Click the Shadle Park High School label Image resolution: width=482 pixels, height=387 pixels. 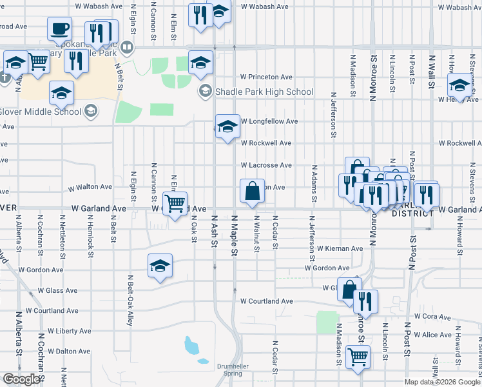264,92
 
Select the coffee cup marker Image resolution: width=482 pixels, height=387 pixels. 59,28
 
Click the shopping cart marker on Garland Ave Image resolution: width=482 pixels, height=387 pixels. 175,203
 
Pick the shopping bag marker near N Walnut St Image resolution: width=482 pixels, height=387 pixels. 251,191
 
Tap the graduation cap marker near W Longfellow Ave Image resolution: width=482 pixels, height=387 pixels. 227,127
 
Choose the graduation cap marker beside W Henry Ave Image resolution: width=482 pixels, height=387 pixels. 459,85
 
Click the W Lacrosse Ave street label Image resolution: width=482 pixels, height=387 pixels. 266,165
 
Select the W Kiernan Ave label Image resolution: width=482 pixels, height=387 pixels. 339,248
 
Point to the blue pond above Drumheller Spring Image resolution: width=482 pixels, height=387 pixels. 192,346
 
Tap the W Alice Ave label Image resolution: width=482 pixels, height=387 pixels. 433,335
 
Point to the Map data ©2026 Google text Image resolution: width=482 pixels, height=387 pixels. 441,382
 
